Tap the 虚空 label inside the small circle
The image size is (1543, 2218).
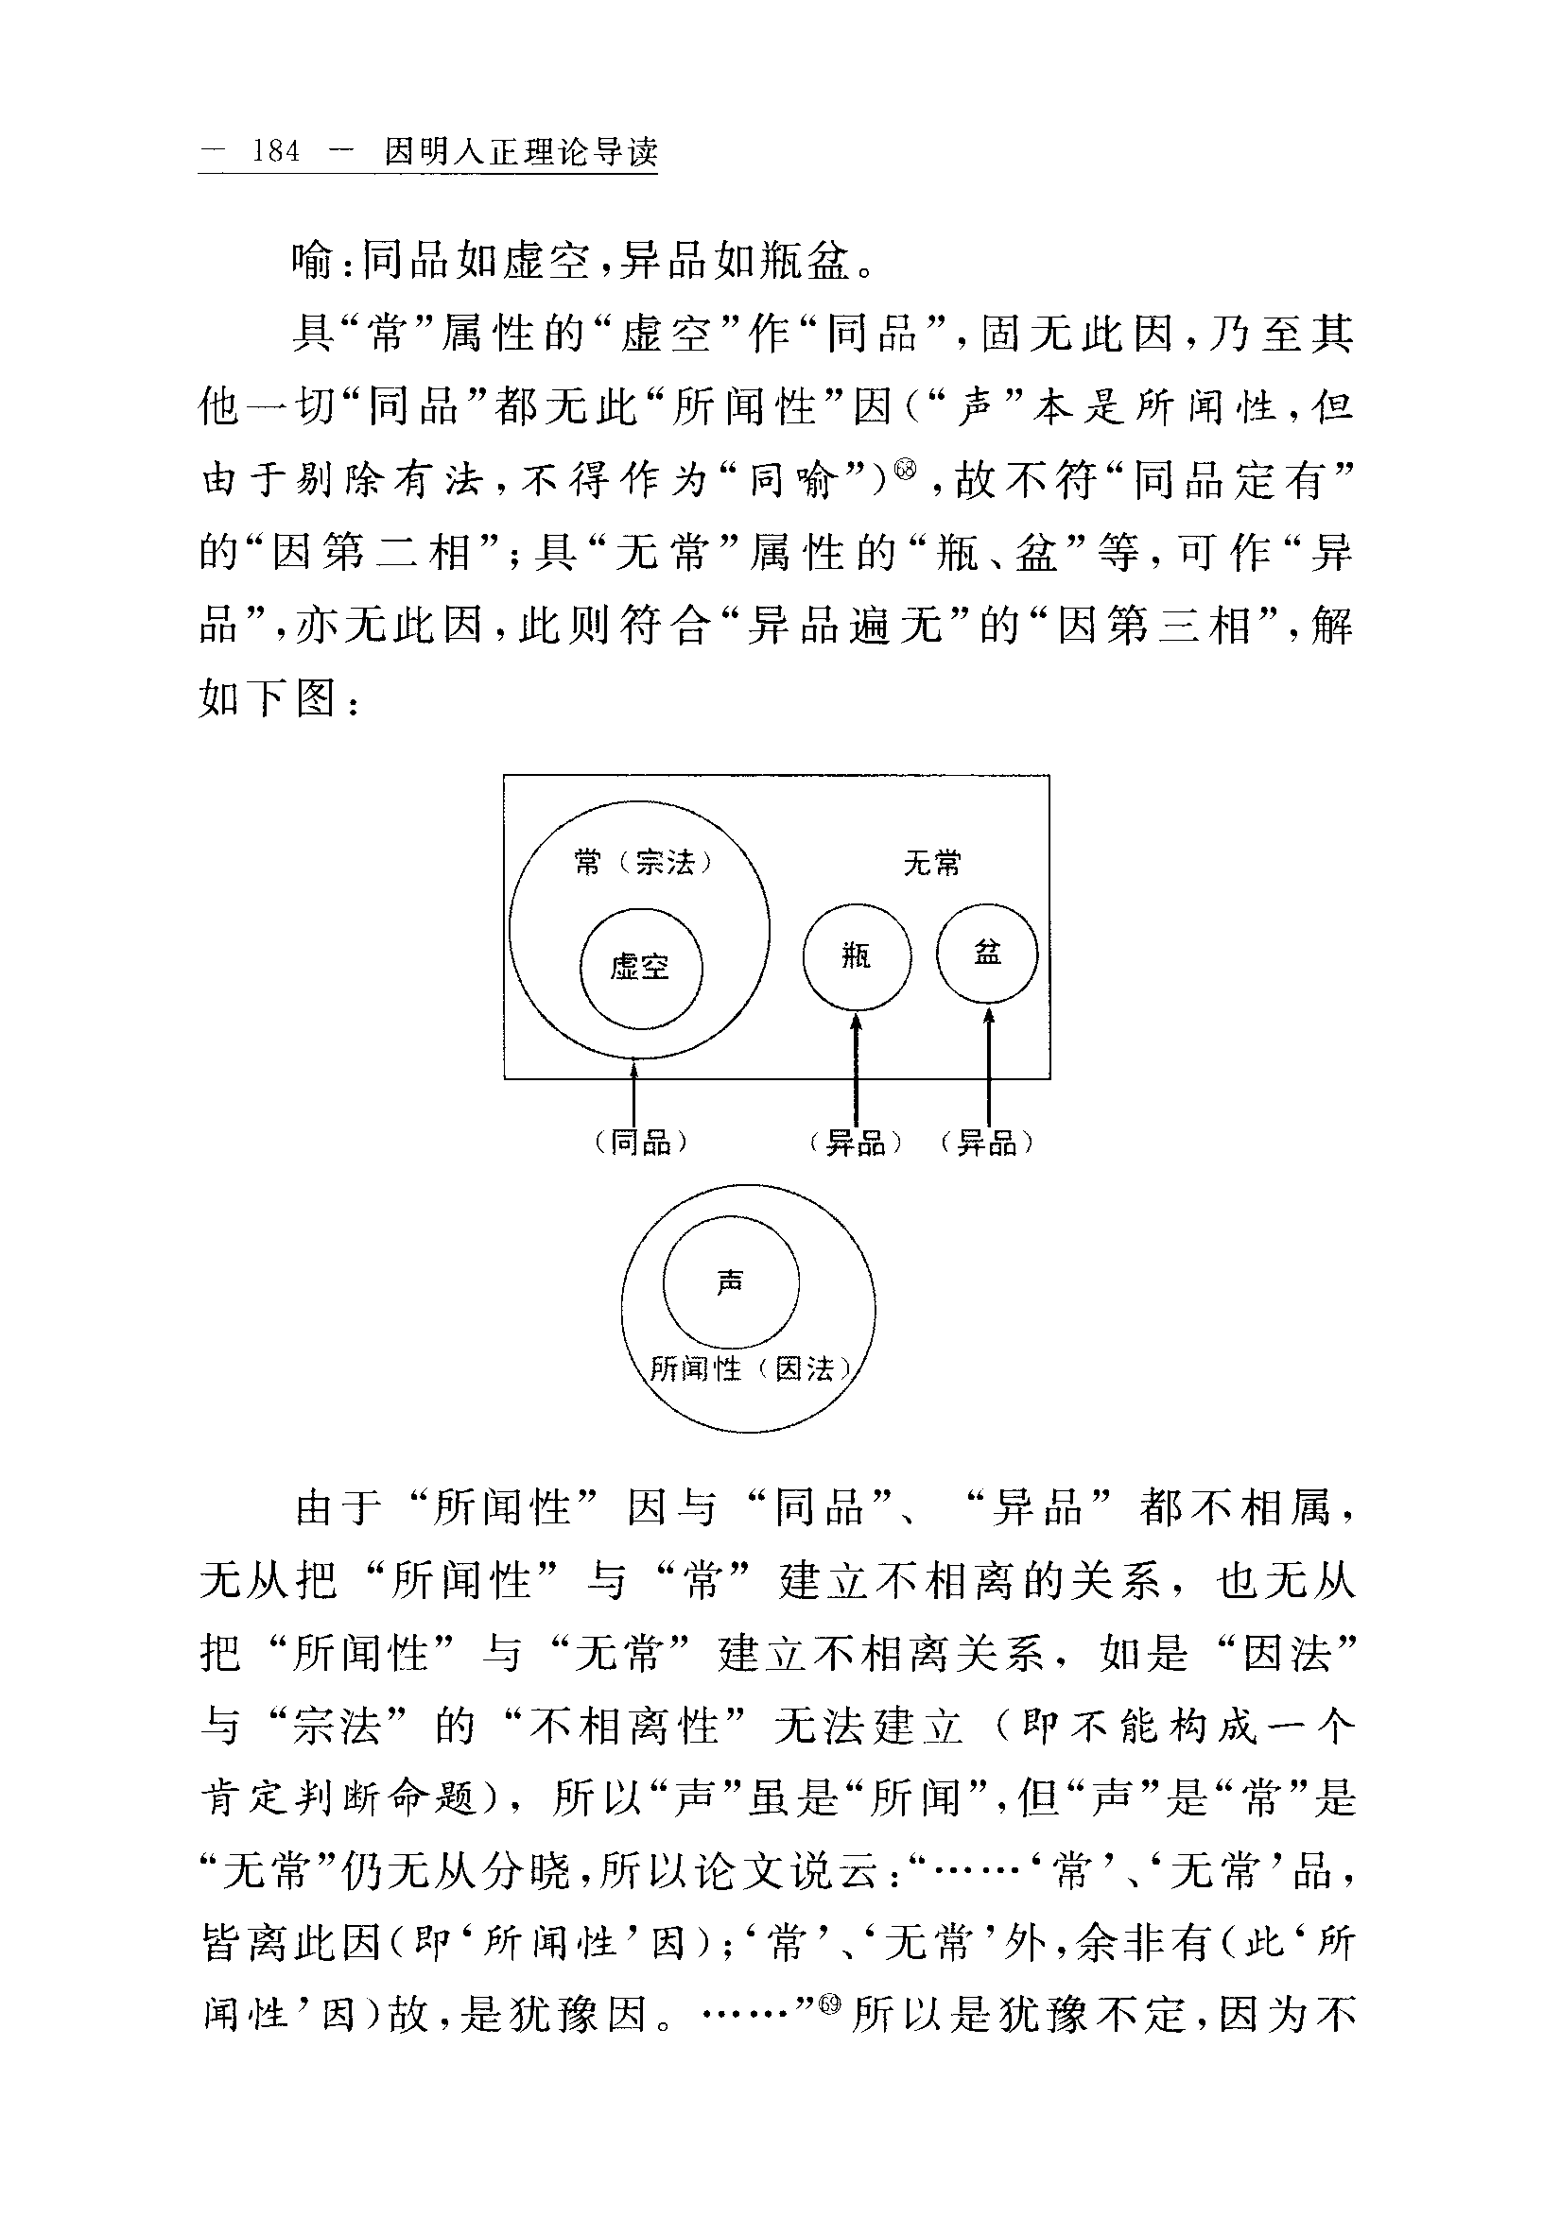(640, 967)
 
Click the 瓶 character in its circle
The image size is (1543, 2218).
(856, 956)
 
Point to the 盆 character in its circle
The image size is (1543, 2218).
(987, 954)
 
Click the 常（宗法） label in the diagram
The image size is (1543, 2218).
(643, 862)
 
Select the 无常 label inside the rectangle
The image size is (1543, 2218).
(932, 863)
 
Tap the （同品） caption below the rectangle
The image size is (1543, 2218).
(642, 1143)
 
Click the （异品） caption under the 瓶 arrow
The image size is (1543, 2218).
(856, 1143)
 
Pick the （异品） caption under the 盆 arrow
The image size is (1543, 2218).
(986, 1143)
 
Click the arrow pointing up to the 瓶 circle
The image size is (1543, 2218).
(856, 1068)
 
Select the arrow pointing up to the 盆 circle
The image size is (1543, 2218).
(988, 1068)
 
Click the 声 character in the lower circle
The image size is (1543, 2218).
(731, 1281)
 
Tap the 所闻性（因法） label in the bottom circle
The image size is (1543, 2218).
(750, 1368)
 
